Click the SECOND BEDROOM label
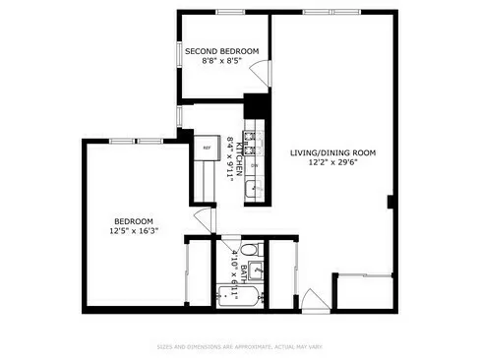(222, 51)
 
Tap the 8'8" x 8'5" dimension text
(222, 61)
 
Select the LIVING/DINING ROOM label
(333, 152)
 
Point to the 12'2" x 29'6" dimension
(333, 163)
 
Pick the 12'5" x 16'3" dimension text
(134, 231)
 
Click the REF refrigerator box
(207, 149)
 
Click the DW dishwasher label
(255, 165)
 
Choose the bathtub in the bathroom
(239, 294)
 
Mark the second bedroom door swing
(259, 74)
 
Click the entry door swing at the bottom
(308, 298)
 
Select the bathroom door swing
(204, 221)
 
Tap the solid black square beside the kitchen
(256, 106)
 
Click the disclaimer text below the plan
(239, 346)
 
